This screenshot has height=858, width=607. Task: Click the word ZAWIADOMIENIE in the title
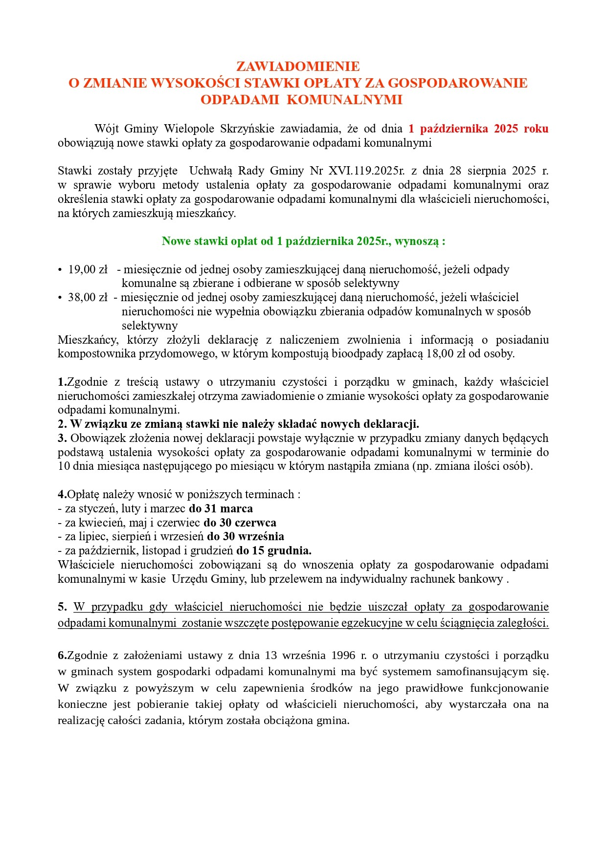tap(298, 66)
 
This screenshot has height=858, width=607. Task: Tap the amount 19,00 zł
tap(88, 269)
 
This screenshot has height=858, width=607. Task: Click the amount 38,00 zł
tap(88, 297)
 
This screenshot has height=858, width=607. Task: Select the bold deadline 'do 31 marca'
tap(221, 508)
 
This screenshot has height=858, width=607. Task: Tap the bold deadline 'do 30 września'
tap(245, 536)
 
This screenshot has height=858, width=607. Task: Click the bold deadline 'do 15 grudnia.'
tap(273, 550)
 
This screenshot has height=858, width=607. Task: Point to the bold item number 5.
tap(62, 607)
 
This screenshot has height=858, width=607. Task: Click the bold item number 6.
tap(62, 655)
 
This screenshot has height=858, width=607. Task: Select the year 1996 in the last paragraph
tap(343, 655)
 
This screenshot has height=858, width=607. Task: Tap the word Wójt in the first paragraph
tap(107, 129)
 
